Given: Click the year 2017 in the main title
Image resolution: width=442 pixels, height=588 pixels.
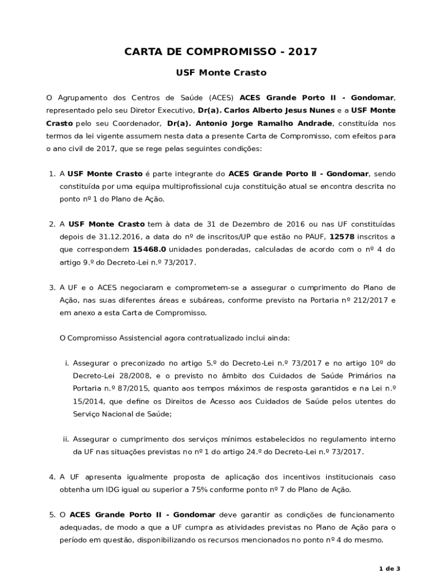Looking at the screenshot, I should click(303, 52).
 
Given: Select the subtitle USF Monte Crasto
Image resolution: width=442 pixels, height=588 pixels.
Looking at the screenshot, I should click(220, 73).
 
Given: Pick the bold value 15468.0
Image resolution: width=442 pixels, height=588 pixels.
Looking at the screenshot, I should click(149, 249).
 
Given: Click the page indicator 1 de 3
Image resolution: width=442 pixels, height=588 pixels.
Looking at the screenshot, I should click(390, 568).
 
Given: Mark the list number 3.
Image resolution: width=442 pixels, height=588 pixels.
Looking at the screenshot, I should click(51, 287).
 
